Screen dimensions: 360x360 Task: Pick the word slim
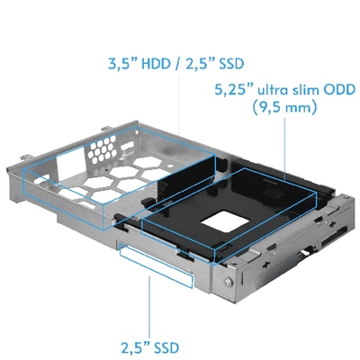tap(307, 91)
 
